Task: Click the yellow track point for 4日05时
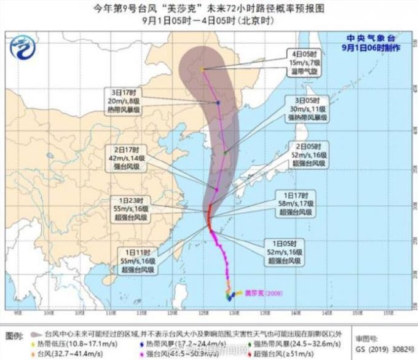click(x=202, y=70)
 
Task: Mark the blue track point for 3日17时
click(x=218, y=103)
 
